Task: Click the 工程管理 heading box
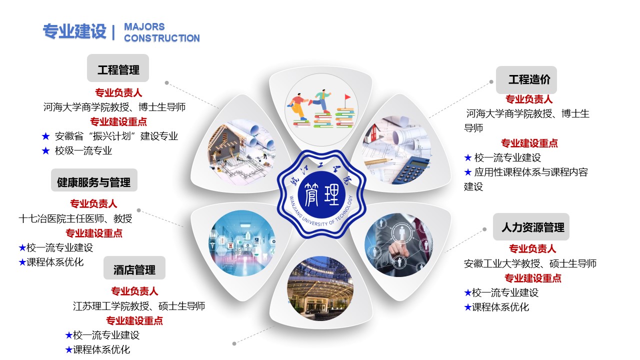(x=117, y=68)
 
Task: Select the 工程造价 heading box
(x=526, y=79)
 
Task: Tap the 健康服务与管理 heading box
(x=94, y=180)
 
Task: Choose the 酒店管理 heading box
(x=134, y=267)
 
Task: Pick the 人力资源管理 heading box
(x=531, y=226)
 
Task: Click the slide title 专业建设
(x=74, y=31)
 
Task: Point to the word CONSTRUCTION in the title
(x=161, y=38)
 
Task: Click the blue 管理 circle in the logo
(x=321, y=194)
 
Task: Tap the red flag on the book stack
(x=347, y=97)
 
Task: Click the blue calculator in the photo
(x=411, y=169)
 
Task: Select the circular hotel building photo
(x=320, y=288)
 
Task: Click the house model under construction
(x=225, y=143)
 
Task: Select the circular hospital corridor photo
(x=241, y=243)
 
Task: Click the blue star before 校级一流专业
(x=45, y=150)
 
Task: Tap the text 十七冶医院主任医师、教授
(x=75, y=218)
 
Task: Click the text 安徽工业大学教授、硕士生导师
(x=530, y=263)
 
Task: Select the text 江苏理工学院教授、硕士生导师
(x=139, y=306)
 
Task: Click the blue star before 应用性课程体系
(x=467, y=172)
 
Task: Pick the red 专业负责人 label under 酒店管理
(x=134, y=291)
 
